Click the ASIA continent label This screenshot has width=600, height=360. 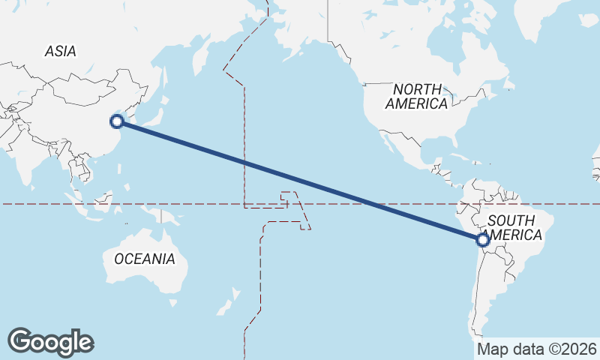tap(61, 51)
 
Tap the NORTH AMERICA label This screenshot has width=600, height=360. tap(417, 97)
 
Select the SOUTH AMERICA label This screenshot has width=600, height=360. tap(513, 227)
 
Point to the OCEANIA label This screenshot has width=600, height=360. tap(145, 259)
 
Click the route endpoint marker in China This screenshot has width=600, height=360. tap(116, 121)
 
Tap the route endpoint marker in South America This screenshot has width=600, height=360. tap(483, 240)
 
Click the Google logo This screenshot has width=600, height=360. tap(50, 341)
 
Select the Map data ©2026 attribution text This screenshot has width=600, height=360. tap(537, 349)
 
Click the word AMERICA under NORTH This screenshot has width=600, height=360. tap(417, 104)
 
